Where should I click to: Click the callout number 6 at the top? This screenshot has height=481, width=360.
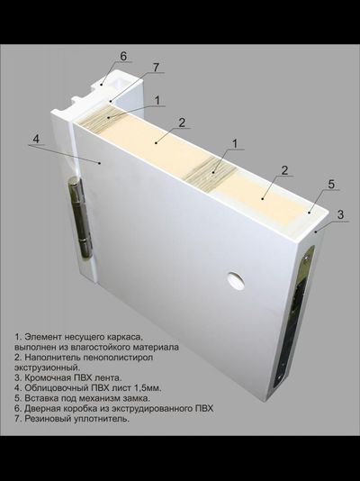pos(123,55)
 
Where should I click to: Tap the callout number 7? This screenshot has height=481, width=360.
pos(156,68)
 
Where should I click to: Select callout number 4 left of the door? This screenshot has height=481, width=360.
pos(36,139)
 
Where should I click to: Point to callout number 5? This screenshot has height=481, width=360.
pos(331,185)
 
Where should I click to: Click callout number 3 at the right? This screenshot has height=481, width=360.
pos(340,214)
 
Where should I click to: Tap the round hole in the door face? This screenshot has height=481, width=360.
pos(237,281)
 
